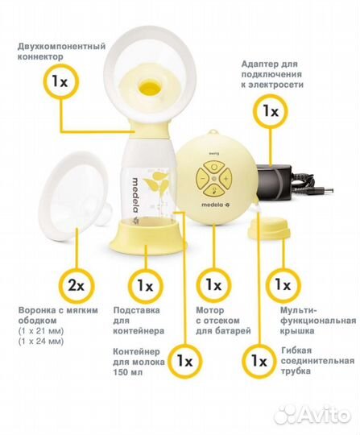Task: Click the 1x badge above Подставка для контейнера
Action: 145,285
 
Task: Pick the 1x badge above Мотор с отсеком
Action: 213,285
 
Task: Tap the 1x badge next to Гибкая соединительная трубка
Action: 258,358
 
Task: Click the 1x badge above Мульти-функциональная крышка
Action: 283,285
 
